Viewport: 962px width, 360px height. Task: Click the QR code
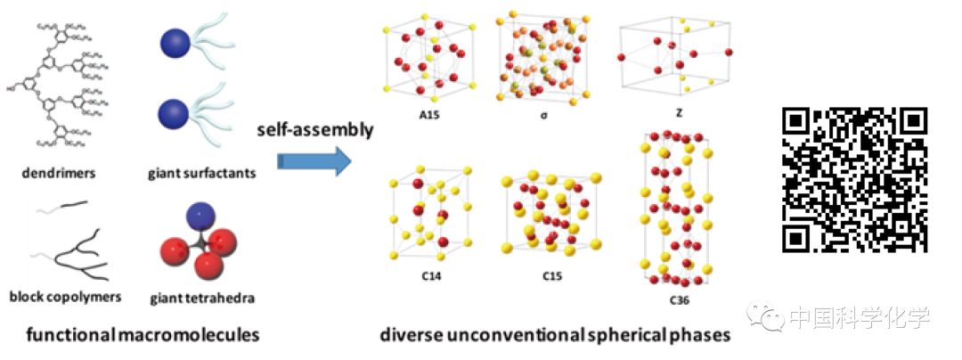854,178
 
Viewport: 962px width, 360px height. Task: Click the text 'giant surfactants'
202,172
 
